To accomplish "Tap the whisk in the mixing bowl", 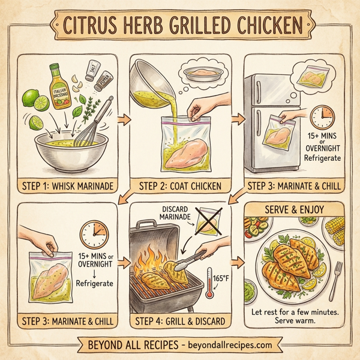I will tap(99, 123).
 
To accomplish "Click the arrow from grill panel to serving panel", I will tap(236, 262).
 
